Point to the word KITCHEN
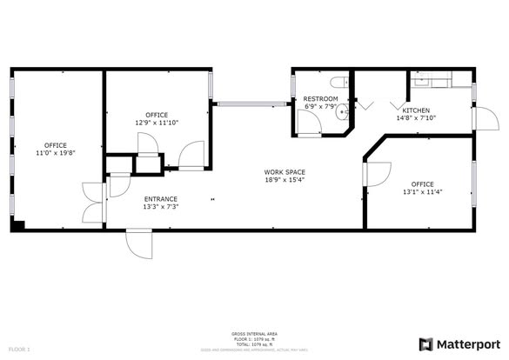click(416, 110)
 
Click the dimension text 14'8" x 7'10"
click(416, 118)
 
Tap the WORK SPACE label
click(285, 172)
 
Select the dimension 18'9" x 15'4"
click(285, 181)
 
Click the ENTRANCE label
click(161, 199)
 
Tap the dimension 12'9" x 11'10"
click(157, 123)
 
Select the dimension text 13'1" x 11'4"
click(422, 192)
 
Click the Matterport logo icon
click(426, 343)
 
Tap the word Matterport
click(468, 343)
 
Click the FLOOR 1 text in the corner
click(19, 349)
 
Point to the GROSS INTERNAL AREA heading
click(253, 333)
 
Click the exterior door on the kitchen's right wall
click(480, 120)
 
